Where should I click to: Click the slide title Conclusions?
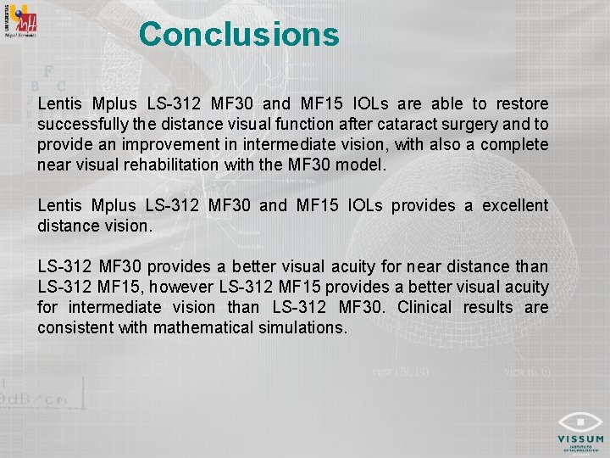tap(239, 35)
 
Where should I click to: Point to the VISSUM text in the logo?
tap(580, 439)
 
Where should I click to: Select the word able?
tap(451, 104)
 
